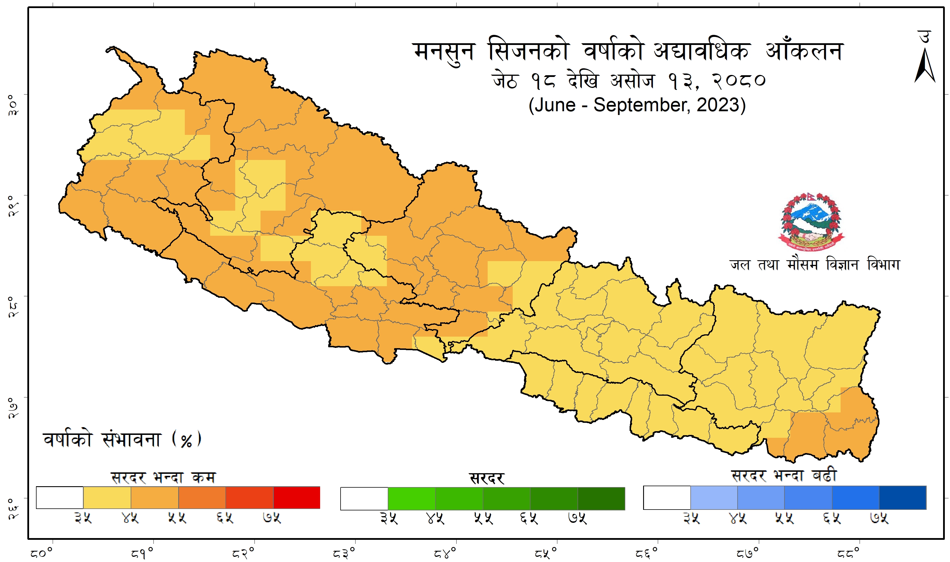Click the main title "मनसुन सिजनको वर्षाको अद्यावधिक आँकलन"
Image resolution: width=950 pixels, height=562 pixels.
coord(628,52)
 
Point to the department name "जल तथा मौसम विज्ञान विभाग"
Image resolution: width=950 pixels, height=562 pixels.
coord(815,264)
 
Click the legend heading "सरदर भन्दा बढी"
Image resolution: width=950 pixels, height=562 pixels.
coord(784,476)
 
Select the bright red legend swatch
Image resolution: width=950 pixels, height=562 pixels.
coord(297,498)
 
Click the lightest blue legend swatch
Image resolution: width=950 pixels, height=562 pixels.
coord(714,498)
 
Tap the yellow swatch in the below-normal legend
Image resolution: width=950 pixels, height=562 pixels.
coord(107,498)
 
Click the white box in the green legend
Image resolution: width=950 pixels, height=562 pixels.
coord(364,498)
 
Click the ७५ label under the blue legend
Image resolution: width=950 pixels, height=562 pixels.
coord(879,518)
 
